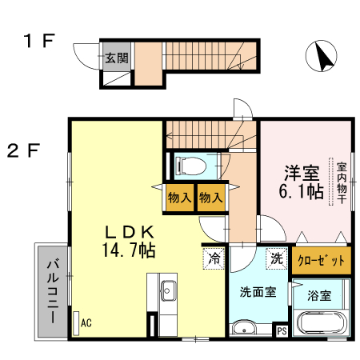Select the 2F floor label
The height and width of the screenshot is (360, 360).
click(25, 150)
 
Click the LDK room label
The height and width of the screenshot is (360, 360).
click(131, 231)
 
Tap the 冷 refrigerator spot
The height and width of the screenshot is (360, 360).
click(214, 258)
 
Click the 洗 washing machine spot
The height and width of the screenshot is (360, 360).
click(275, 258)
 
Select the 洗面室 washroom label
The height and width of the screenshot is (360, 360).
click(258, 293)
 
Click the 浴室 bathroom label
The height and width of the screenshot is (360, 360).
click(318, 295)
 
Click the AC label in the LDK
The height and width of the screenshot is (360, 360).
click(86, 323)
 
